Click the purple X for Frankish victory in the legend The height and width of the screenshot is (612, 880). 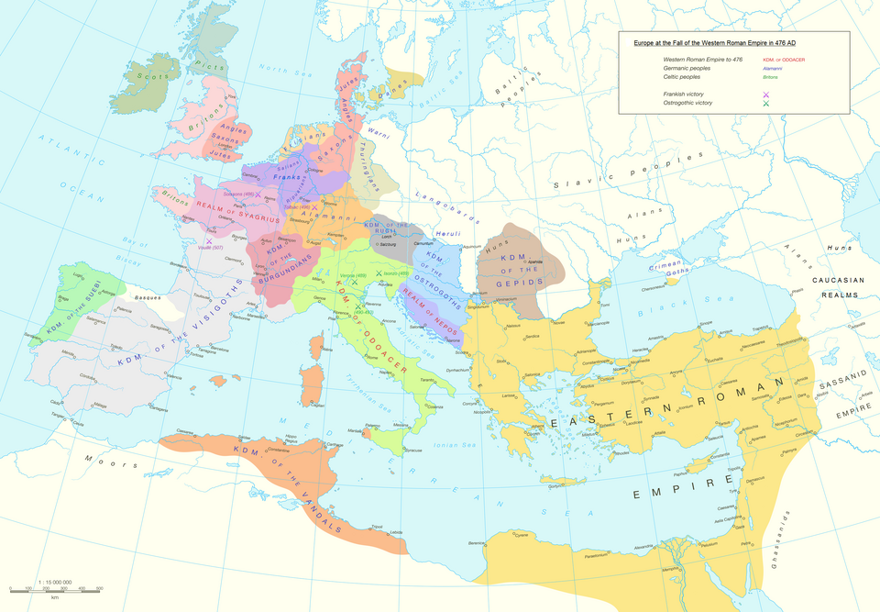pos(765,95)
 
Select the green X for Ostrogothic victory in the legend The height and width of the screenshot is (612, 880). pos(765,104)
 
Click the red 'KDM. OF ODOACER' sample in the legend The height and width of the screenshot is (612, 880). pos(783,59)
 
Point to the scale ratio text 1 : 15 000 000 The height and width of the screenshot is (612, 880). pos(55,581)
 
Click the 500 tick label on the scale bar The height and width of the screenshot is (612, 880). pos(99,587)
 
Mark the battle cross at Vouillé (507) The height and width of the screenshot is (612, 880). pos(210,240)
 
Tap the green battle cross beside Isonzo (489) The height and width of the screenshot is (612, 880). pos(378,274)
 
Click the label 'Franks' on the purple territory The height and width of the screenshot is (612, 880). pos(287,176)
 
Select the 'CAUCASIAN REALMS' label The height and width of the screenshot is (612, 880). pos(833,286)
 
